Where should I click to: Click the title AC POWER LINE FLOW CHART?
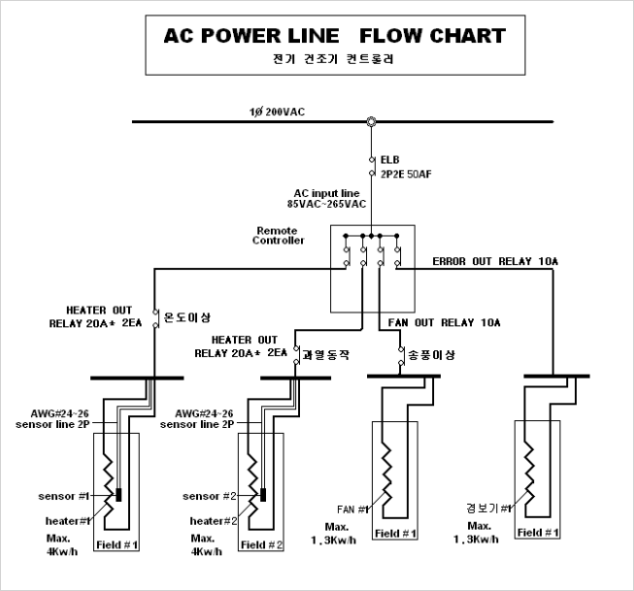pyautogui.click(x=335, y=37)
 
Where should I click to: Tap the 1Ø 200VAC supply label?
pyautogui.click(x=277, y=111)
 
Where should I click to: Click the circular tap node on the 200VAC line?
pyautogui.click(x=370, y=121)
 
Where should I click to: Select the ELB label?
pyautogui.click(x=389, y=159)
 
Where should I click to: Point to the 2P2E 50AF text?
pyautogui.click(x=405, y=175)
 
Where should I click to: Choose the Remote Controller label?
pyautogui.click(x=279, y=235)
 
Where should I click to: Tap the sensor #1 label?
pyautogui.click(x=65, y=496)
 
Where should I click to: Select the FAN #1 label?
pyautogui.click(x=353, y=509)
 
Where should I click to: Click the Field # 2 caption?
pyautogui.click(x=263, y=544)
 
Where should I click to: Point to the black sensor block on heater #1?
pyautogui.click(x=118, y=496)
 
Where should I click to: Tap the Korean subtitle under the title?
pyautogui.click(x=334, y=58)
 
